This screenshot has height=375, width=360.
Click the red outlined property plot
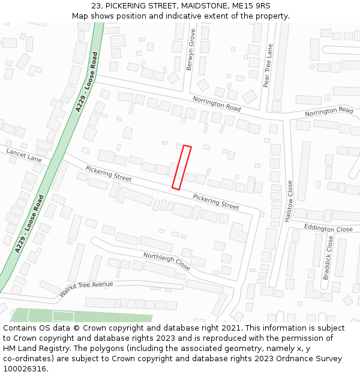pyautogui.click(x=182, y=167)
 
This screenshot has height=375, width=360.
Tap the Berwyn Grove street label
pyautogui.click(x=191, y=50)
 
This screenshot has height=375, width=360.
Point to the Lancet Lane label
pyautogui.click(x=24, y=156)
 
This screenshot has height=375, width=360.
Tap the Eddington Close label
pyautogui.click(x=328, y=229)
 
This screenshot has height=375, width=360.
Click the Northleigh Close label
pyautogui.click(x=166, y=261)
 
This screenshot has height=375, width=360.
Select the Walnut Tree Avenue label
pyautogui.click(x=86, y=289)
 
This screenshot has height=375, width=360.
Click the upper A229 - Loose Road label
pyautogui.click(x=86, y=82)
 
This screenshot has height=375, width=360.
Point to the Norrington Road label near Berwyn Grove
pyautogui.click(x=216, y=103)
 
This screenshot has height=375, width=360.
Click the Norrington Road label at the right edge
pyautogui.click(x=329, y=112)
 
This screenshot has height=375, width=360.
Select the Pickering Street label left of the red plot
pyautogui.click(x=108, y=174)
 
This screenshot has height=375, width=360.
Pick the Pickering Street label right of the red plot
pyautogui.click(x=215, y=202)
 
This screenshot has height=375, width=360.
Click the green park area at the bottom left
pyautogui.click(x=78, y=316)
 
